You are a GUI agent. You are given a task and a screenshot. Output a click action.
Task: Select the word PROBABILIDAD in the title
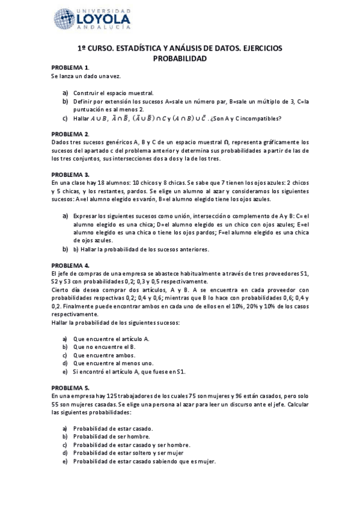tap(180, 58)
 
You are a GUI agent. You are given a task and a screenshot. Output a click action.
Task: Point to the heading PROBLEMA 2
tap(70, 134)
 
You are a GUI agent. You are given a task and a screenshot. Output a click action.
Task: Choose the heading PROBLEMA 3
tap(70, 174)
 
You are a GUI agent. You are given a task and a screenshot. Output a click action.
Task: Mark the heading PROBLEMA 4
tap(70, 265)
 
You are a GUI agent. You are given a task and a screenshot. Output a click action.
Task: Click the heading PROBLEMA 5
tap(70, 388)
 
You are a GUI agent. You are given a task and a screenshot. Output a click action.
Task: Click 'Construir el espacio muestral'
tap(113, 93)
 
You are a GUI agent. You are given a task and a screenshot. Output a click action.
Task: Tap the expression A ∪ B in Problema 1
tap(97, 118)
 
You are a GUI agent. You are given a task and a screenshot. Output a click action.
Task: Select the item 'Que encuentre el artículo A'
tap(111, 339)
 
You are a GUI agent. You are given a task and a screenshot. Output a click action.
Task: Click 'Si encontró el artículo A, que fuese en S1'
tap(129, 371)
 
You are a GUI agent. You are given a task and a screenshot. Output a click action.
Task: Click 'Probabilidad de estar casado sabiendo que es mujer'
tap(144, 461)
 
